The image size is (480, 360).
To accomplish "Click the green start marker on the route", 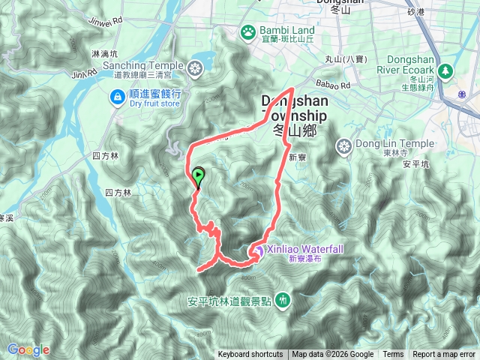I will coord(198,177).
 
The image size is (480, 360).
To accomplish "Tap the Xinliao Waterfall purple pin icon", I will coord(257,250).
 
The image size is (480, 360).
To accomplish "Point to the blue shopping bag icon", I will coord(118,96).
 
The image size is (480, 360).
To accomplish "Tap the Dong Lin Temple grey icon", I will coord(344,145).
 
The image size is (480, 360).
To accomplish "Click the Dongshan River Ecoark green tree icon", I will coord(446,71).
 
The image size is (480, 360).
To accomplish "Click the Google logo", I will coord(28,349).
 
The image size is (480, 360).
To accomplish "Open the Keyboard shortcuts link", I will coord(250,355).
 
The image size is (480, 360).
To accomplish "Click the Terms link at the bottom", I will coord(393,355).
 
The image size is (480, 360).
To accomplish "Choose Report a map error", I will coord(444,355).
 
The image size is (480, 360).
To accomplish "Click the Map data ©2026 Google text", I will coord(333,355).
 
